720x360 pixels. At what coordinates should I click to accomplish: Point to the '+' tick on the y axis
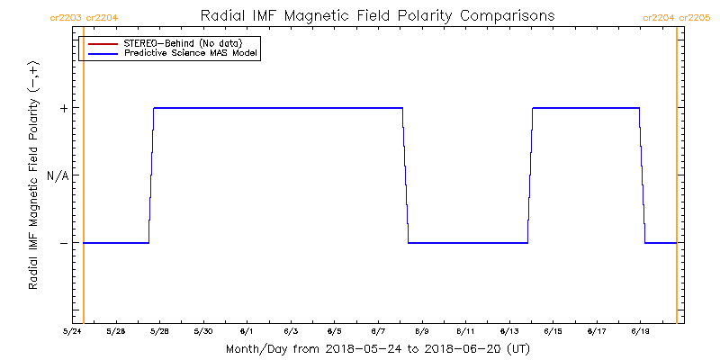pyautogui.click(x=64, y=108)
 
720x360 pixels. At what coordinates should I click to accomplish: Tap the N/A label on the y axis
pyautogui.click(x=58, y=175)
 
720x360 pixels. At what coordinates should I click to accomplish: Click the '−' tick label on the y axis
pyautogui.click(x=64, y=243)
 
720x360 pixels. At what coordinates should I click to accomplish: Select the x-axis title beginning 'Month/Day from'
pyautogui.click(x=377, y=348)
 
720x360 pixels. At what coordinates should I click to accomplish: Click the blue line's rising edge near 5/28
pyautogui.click(x=151, y=175)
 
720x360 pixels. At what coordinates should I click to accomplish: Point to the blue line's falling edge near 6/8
pyautogui.click(x=405, y=175)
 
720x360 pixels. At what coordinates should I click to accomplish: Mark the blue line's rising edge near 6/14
pyautogui.click(x=530, y=175)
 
